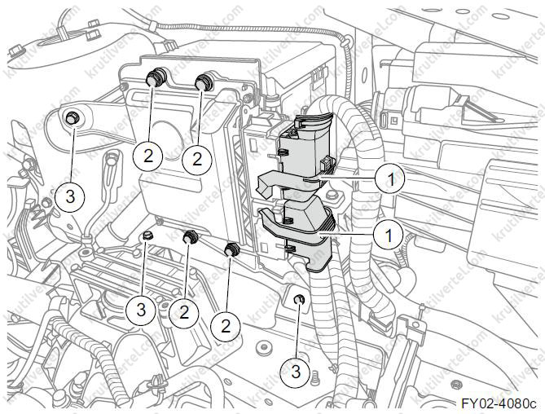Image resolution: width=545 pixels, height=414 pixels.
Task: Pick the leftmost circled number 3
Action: tap(71, 196)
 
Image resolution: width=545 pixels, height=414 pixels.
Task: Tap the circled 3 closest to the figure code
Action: tap(297, 372)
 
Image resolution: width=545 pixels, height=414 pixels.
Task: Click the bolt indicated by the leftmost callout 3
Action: tap(72, 117)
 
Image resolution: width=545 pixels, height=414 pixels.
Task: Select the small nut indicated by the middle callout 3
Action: tap(145, 237)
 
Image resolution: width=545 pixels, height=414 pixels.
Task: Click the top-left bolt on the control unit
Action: tap(153, 78)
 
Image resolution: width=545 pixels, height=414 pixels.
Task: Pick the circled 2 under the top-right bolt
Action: tap(196, 159)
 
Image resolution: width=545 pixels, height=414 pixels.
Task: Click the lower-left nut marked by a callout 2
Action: tap(191, 237)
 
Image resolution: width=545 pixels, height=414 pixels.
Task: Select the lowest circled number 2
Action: tap(226, 325)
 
